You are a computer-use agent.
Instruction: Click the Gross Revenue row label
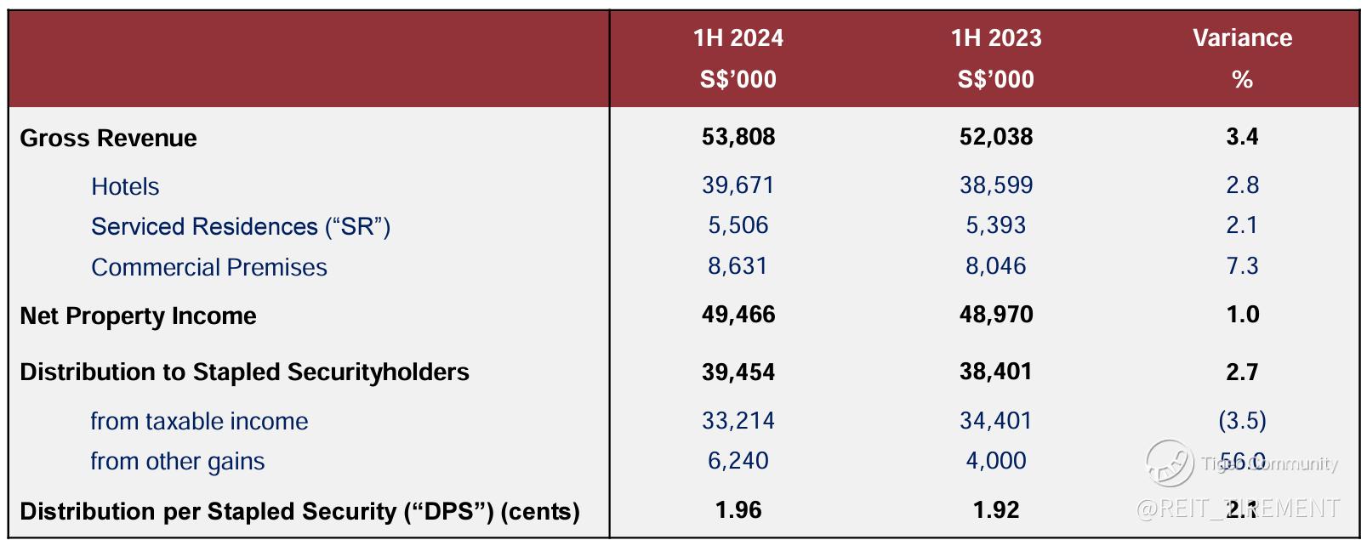click(x=108, y=138)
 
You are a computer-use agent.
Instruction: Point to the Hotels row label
click(x=125, y=186)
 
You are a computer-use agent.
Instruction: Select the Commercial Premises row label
click(x=208, y=267)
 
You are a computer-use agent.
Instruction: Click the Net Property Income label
click(x=138, y=315)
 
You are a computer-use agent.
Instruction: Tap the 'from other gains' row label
click(x=177, y=461)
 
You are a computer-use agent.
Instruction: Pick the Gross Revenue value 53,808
click(x=738, y=137)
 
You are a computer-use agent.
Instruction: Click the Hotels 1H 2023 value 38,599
click(x=995, y=185)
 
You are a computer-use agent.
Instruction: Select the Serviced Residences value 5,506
click(x=738, y=225)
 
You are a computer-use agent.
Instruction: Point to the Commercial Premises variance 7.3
click(x=1242, y=266)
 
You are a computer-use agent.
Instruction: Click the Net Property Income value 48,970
click(x=995, y=315)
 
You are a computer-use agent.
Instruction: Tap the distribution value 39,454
click(x=738, y=372)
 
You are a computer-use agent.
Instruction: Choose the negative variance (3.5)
click(x=1242, y=420)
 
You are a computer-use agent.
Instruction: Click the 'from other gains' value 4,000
click(x=995, y=461)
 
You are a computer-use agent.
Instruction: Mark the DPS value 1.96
click(x=738, y=510)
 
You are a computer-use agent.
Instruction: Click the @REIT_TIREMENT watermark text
click(x=1238, y=509)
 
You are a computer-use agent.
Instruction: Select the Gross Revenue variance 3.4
click(x=1242, y=137)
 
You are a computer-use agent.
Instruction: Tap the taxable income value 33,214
click(x=738, y=420)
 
